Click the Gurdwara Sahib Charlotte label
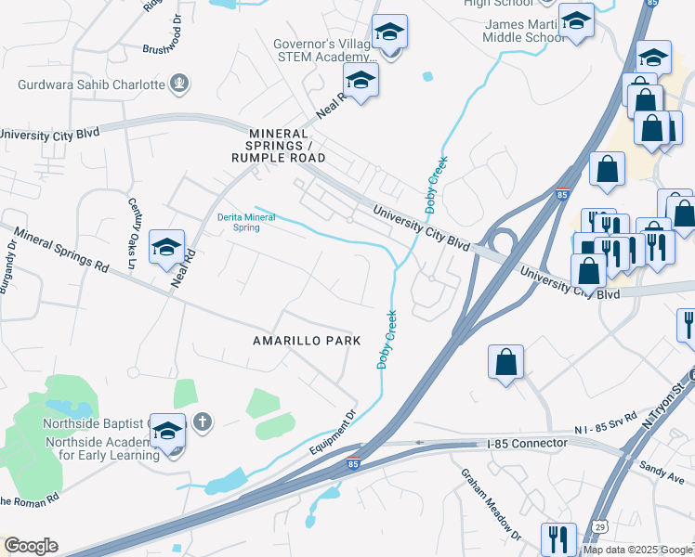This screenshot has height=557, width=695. click(x=90, y=84)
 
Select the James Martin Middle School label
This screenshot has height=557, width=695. click(x=523, y=31)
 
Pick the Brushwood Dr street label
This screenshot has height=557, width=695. click(x=173, y=44)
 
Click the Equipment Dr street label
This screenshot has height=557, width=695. click(x=332, y=434)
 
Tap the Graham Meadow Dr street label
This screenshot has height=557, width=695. click(x=490, y=502)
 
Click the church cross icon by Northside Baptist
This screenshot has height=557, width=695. click(x=203, y=424)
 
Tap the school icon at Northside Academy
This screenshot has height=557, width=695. click(x=167, y=433)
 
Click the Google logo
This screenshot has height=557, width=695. click(x=31, y=546)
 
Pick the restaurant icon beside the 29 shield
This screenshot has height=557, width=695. click(x=557, y=538)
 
